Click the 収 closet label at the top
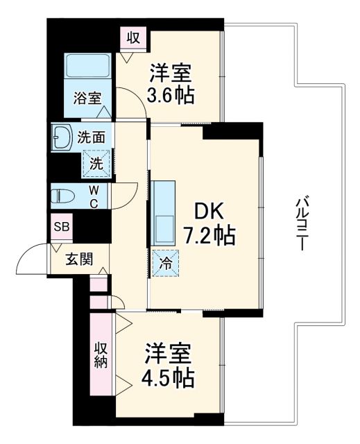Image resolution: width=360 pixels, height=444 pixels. coord(132,37)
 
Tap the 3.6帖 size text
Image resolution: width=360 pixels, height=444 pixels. coord(170,94)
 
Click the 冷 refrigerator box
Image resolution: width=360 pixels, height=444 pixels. coord(165,263)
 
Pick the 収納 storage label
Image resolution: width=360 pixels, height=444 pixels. coord(101,354)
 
